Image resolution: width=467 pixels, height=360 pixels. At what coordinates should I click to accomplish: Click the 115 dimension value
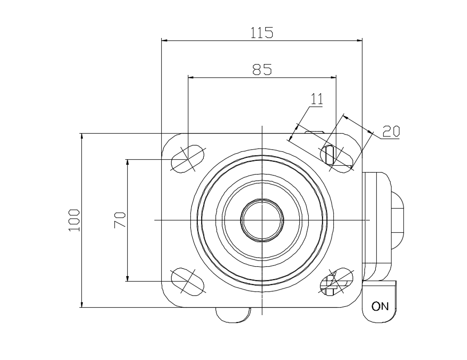[261, 33]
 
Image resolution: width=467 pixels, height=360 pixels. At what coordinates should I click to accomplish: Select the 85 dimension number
[262, 70]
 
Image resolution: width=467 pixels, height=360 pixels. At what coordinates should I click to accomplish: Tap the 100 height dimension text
[74, 220]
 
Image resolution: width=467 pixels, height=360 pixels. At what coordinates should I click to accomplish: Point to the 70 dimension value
[120, 220]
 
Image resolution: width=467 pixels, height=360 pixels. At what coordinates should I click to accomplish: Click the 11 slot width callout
[317, 99]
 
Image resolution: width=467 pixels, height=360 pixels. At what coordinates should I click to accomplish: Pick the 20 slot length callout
[391, 131]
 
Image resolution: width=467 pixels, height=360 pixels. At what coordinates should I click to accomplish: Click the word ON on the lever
[380, 306]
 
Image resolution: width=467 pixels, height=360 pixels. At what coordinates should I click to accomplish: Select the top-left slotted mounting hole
[187, 159]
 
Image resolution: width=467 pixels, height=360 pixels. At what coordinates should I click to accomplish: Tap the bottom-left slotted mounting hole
[187, 282]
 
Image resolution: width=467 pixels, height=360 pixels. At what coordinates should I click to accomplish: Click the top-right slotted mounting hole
[336, 159]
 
